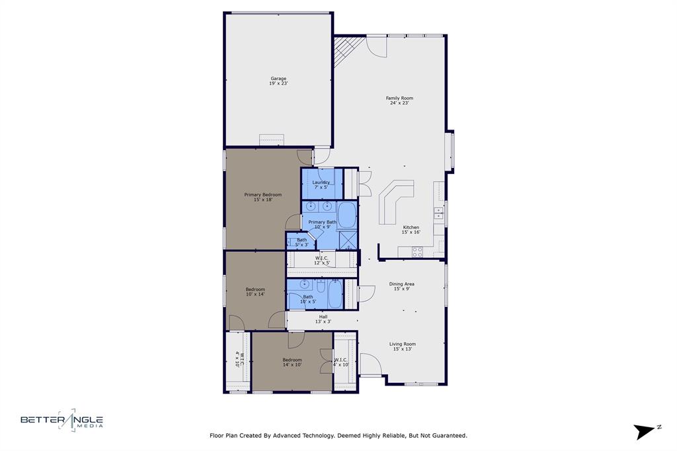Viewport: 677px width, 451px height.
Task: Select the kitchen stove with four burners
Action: (x=417, y=251)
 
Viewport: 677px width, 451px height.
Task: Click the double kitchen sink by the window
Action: (x=438, y=212)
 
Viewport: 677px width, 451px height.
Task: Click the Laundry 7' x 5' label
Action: (x=321, y=184)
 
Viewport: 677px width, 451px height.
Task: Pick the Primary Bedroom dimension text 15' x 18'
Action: (x=262, y=200)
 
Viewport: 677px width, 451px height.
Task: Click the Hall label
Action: (x=323, y=317)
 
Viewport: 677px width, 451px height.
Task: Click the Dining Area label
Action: (x=401, y=284)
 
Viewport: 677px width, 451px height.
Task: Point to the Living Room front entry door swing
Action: (x=370, y=364)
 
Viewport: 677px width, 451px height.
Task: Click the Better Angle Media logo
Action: (x=61, y=421)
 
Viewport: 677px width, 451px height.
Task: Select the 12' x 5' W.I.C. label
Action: (x=322, y=261)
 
